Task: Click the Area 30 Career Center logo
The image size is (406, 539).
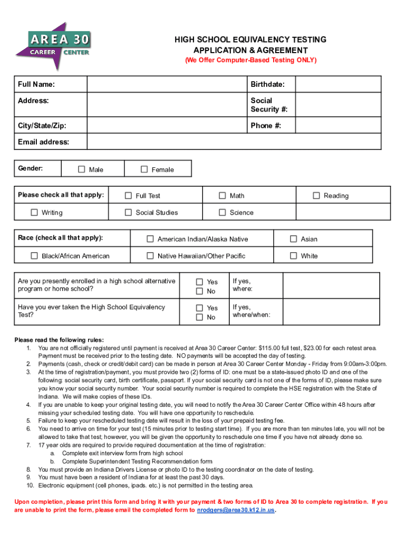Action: (53, 46)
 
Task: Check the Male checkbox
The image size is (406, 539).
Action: (81, 169)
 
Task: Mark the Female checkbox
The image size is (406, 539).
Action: (144, 169)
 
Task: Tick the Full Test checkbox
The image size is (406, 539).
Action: (128, 196)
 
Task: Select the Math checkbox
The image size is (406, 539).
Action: (223, 196)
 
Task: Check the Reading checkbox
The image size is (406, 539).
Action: (316, 196)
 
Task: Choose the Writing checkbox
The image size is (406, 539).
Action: (34, 213)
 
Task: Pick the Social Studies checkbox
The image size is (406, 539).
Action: (128, 213)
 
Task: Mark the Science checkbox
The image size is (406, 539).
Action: (223, 213)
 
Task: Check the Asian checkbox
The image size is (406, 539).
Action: (294, 239)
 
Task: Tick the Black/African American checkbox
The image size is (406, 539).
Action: (34, 256)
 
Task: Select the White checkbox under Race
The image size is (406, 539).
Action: (294, 256)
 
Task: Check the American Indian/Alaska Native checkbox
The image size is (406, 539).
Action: (150, 239)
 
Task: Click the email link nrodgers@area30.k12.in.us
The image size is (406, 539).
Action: (236, 510)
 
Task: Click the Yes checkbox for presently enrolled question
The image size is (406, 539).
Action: (199, 282)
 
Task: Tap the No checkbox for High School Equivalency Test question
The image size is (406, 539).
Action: (199, 317)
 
